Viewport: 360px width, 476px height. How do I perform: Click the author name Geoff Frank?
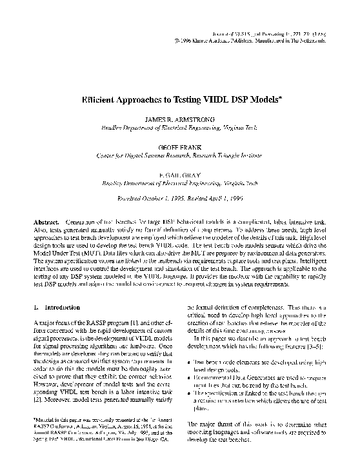(x=179, y=147)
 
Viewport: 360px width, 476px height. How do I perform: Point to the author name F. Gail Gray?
(x=179, y=174)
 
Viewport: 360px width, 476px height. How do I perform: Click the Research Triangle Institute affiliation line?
(x=179, y=155)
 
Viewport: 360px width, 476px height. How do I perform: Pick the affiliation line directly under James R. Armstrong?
(x=179, y=128)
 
